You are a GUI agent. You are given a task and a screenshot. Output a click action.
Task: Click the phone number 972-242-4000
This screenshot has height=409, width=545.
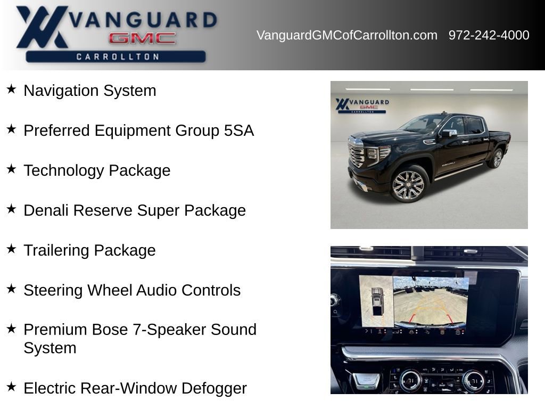pos(489,35)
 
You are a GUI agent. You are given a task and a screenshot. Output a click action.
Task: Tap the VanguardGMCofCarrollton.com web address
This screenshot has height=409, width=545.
pos(347,36)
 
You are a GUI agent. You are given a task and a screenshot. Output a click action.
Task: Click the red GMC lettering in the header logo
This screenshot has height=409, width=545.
pos(142,38)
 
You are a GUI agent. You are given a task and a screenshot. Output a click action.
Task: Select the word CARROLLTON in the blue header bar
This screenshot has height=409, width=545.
pos(118,56)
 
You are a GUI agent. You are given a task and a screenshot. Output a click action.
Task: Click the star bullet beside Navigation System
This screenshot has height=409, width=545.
pos(11,89)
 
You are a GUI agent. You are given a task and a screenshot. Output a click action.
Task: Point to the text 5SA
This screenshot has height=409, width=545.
pos(239,130)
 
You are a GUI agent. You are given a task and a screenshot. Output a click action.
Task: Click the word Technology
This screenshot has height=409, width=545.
pos(64,170)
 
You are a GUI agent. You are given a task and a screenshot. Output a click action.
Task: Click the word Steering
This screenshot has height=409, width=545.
pos(53,290)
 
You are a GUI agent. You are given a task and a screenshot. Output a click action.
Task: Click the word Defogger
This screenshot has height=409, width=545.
pos(214,388)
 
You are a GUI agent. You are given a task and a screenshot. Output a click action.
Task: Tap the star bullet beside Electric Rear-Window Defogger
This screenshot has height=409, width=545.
pos(11,387)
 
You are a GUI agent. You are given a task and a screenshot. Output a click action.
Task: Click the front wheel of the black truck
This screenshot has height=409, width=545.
pos(408,185)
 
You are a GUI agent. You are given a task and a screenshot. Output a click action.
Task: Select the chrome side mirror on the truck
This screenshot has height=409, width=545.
pos(448,133)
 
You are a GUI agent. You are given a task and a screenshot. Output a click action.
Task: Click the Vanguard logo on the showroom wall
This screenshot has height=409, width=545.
pos(362,105)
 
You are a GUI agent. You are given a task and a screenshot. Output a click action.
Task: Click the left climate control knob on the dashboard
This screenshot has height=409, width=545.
pos(410,380)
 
